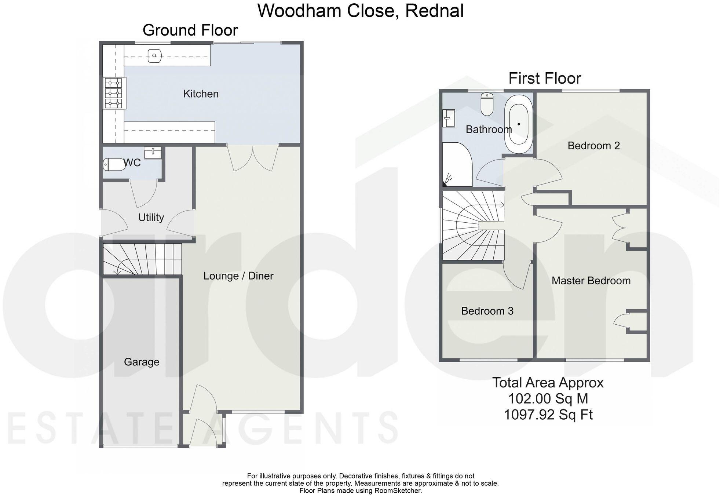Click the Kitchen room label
(201, 94)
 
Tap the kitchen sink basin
(154, 56)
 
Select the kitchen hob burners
(113, 93)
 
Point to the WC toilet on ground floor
(114, 164)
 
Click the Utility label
(151, 218)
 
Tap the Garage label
(142, 362)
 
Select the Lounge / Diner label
(238, 276)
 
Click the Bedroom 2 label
(593, 146)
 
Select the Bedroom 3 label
(487, 311)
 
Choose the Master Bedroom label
(591, 281)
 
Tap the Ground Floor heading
(190, 30)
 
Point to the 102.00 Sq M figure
(548, 399)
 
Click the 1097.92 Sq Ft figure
(548, 415)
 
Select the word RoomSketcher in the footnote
(401, 490)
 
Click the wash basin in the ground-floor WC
(153, 153)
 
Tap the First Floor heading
(545, 79)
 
